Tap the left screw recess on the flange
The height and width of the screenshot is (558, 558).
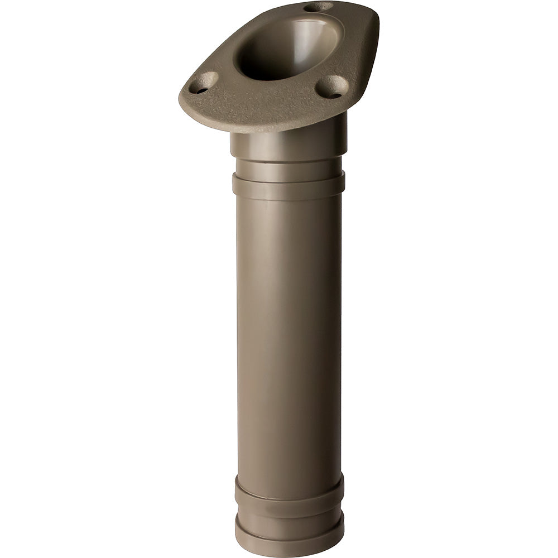(203, 83)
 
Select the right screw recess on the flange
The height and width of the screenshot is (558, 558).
(332, 86)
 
